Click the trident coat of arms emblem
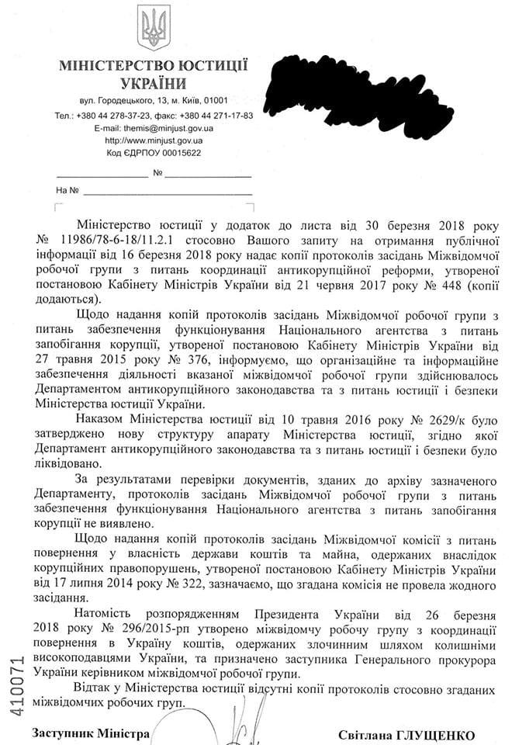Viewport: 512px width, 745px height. pyautogui.click(x=153, y=29)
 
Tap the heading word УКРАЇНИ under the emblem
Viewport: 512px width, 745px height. pyautogui.click(x=154, y=84)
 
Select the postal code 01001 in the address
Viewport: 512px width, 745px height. pyautogui.click(x=211, y=101)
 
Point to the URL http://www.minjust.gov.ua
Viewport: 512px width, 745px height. pyautogui.click(x=154, y=140)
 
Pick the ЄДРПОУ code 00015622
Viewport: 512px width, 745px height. pyautogui.click(x=178, y=153)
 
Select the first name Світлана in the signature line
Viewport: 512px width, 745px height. pyautogui.click(x=366, y=734)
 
